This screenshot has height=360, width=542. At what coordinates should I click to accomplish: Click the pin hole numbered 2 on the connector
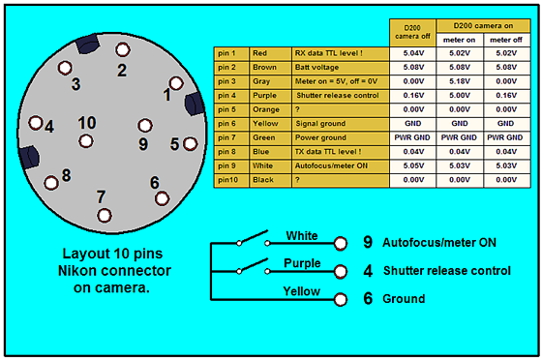coord(122,49)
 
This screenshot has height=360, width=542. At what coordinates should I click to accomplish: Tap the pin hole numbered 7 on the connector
coord(105,216)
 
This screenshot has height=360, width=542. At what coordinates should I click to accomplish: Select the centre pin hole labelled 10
coord(86,141)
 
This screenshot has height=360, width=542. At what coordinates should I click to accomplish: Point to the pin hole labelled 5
coord(190,144)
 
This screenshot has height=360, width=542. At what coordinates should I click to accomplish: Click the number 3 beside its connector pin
coord(75,84)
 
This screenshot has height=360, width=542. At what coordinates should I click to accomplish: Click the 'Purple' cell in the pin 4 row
coord(270,96)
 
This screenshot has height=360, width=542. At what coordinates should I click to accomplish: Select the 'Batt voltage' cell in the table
coord(341,68)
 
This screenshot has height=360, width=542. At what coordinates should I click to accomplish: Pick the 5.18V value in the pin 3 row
coord(460,81)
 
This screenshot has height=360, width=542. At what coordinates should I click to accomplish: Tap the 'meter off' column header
coord(507,40)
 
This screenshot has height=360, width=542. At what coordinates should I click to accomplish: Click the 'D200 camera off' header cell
coord(412,33)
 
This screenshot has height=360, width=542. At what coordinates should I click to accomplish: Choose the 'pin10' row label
coord(231,180)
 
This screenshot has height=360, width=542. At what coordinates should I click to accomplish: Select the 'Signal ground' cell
coord(341,124)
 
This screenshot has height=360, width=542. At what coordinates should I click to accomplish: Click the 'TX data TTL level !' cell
coord(341,152)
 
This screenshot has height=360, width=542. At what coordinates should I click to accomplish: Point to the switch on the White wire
coord(253,238)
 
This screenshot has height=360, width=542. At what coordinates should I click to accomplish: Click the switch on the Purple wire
coord(253,266)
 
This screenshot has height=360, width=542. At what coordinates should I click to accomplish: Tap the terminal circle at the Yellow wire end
coord(341,299)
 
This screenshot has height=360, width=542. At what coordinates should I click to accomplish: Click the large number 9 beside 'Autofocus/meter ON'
coord(368,242)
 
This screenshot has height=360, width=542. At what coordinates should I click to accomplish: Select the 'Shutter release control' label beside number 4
coord(446,271)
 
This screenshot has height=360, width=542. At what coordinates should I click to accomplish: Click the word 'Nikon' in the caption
coord(80,271)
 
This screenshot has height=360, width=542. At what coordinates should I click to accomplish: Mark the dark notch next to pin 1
coord(195,104)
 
